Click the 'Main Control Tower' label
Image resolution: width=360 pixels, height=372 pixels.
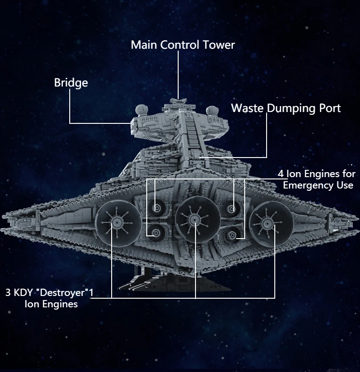[x=183, y=45]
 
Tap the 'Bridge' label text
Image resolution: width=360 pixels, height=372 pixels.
[x=71, y=82]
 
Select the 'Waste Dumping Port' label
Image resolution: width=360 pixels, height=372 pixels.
[x=286, y=108]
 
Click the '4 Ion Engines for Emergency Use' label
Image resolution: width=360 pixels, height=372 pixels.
[x=317, y=179]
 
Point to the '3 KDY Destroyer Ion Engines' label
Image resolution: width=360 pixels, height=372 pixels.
[x=49, y=298]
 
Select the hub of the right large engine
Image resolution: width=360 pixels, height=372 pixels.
[x=265, y=223]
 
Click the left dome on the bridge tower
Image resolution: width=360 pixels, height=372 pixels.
[x=141, y=109]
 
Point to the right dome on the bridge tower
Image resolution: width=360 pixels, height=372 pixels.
[x=211, y=110]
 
